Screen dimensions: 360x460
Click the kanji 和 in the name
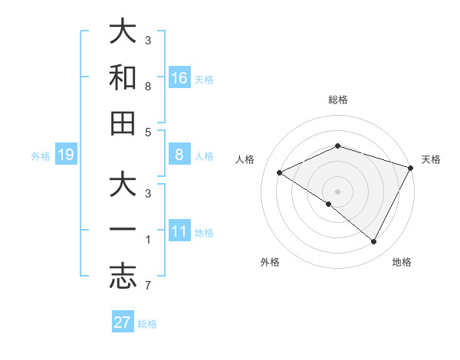(123, 77)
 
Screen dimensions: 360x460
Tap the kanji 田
(123, 123)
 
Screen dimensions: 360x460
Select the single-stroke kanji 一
(123, 230)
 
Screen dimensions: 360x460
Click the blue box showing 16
(179, 77)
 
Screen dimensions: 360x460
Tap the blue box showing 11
(179, 230)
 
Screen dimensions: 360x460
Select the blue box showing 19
(65, 155)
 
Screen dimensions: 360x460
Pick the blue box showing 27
(123, 322)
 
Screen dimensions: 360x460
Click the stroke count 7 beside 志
(148, 287)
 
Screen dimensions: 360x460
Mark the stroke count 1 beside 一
(148, 241)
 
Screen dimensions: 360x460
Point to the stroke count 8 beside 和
(148, 87)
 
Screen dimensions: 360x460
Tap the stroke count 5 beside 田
(148, 133)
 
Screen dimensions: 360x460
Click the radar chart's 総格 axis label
(337, 100)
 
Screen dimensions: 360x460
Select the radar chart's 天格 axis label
(432, 159)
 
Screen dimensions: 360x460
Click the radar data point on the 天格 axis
(412, 168)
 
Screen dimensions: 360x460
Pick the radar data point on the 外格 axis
(329, 205)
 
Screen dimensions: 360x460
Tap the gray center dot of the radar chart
(337, 191)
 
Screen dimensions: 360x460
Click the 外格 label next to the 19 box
(41, 156)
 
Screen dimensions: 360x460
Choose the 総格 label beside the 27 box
(147, 324)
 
